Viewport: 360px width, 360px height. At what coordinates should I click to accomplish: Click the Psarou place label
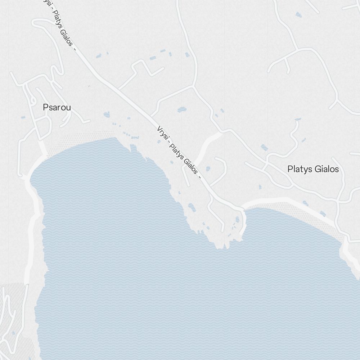click(x=57, y=107)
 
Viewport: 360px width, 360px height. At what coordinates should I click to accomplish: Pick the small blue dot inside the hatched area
click(x=14, y=333)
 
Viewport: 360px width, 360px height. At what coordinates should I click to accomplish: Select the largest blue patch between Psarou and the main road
click(x=107, y=114)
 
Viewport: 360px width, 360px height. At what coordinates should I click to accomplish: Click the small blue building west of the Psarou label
click(x=23, y=117)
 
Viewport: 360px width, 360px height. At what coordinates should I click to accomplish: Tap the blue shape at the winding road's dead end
click(x=298, y=119)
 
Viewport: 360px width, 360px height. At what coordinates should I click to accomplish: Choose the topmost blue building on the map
click(x=298, y=14)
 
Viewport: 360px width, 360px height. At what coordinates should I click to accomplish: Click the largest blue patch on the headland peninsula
click(x=192, y=207)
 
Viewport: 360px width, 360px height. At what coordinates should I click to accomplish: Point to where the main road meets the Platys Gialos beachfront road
click(x=242, y=208)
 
